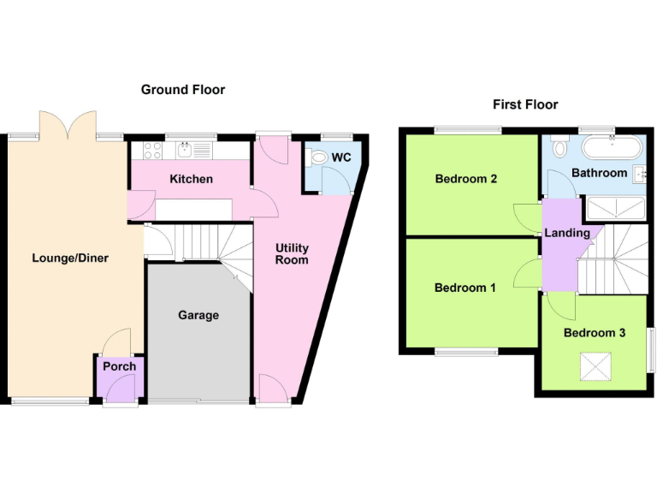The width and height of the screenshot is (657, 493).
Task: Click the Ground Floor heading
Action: (x=183, y=89)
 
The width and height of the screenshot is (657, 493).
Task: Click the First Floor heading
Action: (x=525, y=104)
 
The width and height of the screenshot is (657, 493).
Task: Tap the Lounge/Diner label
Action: (x=70, y=258)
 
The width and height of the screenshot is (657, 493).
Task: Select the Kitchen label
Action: (x=191, y=179)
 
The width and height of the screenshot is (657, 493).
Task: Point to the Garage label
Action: (x=198, y=315)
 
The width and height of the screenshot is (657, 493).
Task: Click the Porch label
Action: (x=119, y=366)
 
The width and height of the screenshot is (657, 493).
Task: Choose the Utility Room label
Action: (x=292, y=253)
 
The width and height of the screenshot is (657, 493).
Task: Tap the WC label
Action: (x=341, y=157)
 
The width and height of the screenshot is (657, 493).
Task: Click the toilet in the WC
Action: (x=318, y=157)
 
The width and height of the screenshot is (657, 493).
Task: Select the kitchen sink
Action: (x=186, y=151)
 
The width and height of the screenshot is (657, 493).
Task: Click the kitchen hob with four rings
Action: (x=152, y=151)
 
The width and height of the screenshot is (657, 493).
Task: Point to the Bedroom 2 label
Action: (x=466, y=179)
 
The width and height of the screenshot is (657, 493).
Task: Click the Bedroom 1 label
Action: (x=465, y=288)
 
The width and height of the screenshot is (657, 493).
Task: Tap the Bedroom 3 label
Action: (x=595, y=333)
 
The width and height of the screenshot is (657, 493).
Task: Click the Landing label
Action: (x=566, y=233)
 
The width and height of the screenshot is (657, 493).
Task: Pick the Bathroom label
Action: (x=599, y=173)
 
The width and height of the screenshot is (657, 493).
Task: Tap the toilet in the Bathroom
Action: (x=560, y=147)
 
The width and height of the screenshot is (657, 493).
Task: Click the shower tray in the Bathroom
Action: (x=613, y=208)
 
